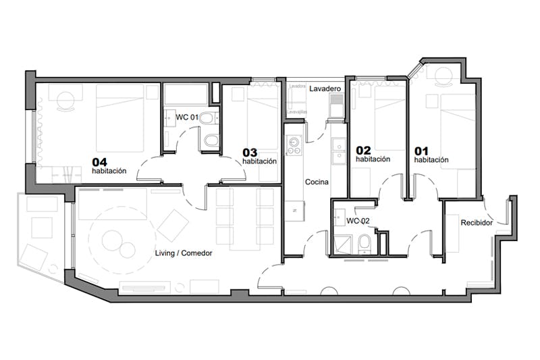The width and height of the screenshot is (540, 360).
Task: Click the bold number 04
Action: pyautogui.click(x=100, y=162)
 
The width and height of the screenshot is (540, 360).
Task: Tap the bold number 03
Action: pyautogui.click(x=250, y=152)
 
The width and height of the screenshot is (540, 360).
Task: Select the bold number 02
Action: pyautogui.click(x=364, y=150)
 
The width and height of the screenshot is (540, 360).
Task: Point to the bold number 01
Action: pyautogui.click(x=421, y=151)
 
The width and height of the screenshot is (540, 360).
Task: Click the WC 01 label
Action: pyautogui.click(x=187, y=118)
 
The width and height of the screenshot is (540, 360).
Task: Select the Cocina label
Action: pyautogui.click(x=317, y=182)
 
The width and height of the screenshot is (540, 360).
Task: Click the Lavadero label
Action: pyautogui.click(x=325, y=88)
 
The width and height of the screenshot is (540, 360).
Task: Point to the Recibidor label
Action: pyautogui.click(x=476, y=222)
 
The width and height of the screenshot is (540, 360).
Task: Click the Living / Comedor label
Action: pyautogui.click(x=184, y=253)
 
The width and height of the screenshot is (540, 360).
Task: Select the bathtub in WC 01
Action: pyautogui.click(x=186, y=94)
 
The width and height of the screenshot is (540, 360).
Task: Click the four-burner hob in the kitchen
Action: pyautogui.click(x=293, y=145)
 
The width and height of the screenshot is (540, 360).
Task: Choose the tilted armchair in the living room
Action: pyautogui.click(x=173, y=224)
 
